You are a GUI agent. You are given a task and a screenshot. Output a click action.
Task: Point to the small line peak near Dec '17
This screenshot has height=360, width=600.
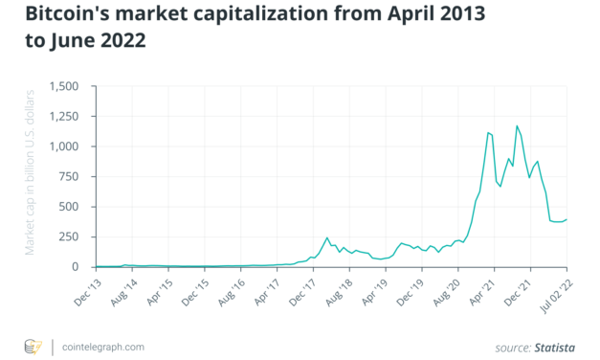coord(327,237)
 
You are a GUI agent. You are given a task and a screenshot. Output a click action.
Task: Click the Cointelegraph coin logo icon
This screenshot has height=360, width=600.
coord(33,345)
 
